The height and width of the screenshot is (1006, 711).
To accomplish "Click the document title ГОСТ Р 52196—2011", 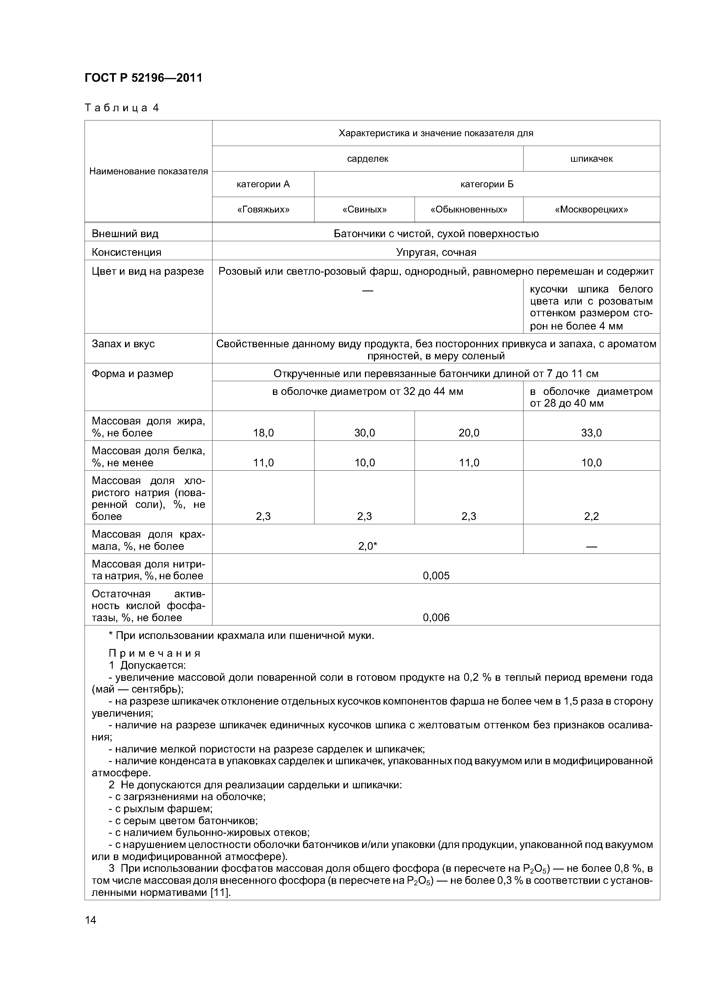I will pos(143,78).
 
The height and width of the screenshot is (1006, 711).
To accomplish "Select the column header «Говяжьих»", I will pos(263,209).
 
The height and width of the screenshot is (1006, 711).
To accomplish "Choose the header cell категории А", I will pos(263,184).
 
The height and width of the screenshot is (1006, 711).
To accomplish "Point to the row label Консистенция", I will pos(126,252).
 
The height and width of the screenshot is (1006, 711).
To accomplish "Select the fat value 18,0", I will pos(263,433).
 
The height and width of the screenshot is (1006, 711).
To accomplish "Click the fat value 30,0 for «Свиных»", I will pos(364,433).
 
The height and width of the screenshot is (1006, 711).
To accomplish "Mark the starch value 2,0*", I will pos(368,546).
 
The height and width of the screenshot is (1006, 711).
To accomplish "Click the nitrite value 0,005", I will pos(436,576).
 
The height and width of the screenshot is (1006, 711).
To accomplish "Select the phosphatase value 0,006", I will pos(436,617).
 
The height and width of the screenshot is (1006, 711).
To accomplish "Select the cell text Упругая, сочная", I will pos(436,252).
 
